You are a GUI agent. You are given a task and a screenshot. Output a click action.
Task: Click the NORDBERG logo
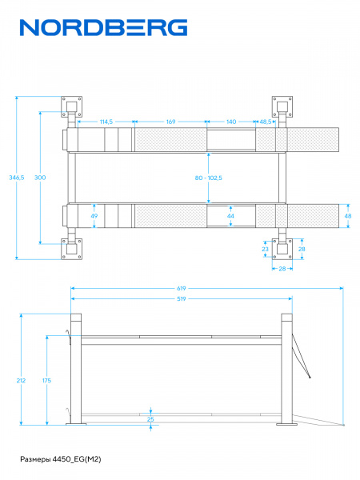coord(103,27)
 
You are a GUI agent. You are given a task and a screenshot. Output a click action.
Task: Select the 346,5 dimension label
coord(17,178)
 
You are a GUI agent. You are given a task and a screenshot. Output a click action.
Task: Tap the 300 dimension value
coord(40,178)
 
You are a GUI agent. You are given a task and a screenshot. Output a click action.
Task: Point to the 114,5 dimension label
coord(106,122)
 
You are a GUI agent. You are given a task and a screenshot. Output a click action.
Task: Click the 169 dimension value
coord(171,122)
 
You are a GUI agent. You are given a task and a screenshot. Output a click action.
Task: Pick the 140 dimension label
coord(231,122)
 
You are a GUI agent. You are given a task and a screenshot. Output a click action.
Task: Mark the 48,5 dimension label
coord(266,122)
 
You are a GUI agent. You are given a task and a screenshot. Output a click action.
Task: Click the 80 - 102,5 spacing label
coord(209,178)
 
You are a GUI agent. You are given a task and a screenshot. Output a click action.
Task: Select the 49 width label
coord(94,216)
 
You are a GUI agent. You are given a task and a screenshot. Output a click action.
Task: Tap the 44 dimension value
coord(230,216)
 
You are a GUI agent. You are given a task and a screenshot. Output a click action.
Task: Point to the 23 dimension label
coord(265,249)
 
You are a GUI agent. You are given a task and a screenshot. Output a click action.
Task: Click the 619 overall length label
coord(182,288)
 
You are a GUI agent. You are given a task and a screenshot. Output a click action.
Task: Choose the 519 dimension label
coord(182,298)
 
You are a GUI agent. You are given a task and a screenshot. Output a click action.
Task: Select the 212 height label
coord(21,381)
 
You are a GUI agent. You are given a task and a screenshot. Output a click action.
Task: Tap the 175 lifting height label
coord(46,381)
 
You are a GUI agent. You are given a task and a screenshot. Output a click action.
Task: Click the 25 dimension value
coord(150,419)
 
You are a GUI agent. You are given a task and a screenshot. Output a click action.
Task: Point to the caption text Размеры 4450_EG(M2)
coord(61,459)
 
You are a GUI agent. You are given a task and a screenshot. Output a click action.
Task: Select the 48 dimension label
coord(348,216)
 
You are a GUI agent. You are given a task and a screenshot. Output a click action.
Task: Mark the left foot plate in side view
coord(76,424)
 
